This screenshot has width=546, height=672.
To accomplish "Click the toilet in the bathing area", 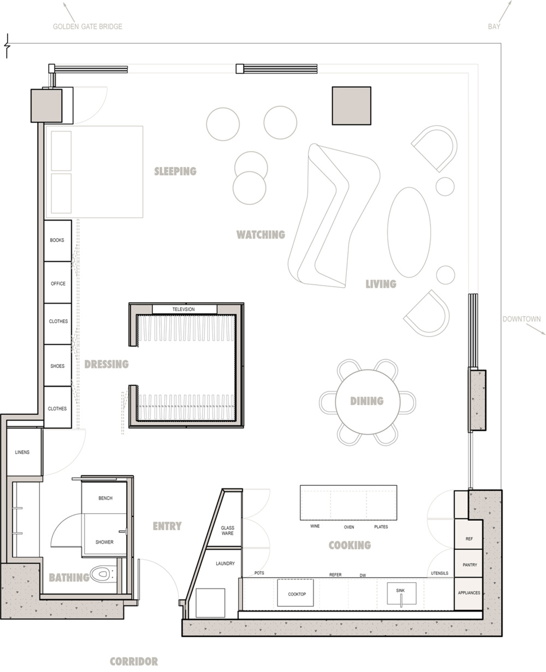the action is point(104,573).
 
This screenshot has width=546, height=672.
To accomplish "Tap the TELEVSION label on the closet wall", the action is point(183,309).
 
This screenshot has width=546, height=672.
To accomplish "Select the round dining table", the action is point(367,402).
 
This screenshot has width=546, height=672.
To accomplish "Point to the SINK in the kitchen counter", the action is point(401,593).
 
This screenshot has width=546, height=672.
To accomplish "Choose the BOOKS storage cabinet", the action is point(57,241).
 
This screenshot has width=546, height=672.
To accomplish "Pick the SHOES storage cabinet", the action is point(57,365).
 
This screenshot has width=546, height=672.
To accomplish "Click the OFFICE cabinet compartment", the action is point(57,282).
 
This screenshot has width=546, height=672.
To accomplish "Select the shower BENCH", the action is point(105,497).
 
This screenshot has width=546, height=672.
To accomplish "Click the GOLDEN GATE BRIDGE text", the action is point(87,27).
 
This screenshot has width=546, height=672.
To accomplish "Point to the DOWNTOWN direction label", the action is point(521,319).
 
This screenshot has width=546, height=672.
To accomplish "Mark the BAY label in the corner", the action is point(494,27).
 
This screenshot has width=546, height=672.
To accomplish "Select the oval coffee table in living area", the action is point(409,232).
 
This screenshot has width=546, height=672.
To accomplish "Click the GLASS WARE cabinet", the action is point(227,530).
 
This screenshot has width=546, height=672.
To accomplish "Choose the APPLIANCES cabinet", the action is point(468,593).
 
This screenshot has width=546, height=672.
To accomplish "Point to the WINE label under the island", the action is point(314,526).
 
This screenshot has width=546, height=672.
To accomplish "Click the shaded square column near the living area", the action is point(351,106).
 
